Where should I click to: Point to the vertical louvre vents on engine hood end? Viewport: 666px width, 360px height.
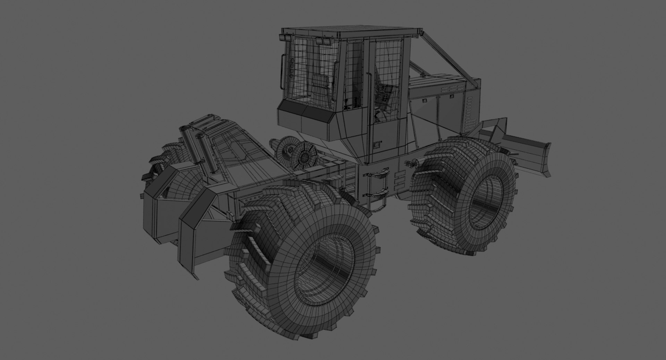pyautogui.click(x=470, y=111)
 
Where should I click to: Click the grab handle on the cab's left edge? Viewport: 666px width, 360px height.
pyautogui.click(x=283, y=73)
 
